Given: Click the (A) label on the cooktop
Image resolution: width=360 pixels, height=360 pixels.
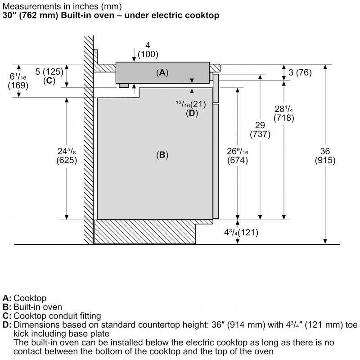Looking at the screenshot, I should click(x=162, y=72).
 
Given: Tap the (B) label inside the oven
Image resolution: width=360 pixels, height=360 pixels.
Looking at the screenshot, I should click(x=162, y=155).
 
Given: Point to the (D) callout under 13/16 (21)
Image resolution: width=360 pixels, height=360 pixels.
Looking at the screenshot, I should click(x=192, y=113).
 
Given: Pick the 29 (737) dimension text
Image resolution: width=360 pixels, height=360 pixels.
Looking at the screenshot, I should click(x=261, y=130).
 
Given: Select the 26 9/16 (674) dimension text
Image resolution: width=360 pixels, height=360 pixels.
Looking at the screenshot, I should click(x=237, y=155).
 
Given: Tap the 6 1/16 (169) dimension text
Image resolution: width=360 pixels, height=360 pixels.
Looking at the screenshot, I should click(x=18, y=78).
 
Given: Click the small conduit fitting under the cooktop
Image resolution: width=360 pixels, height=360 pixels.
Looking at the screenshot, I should click(x=124, y=86).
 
